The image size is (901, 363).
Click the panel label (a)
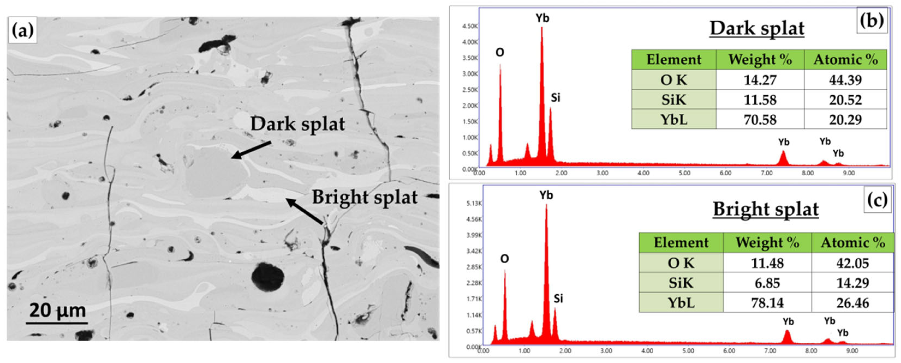23,31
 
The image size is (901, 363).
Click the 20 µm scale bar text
57,310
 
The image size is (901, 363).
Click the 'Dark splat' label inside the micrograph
297,124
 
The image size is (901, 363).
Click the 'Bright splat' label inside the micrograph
365,197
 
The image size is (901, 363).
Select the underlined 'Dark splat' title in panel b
757,28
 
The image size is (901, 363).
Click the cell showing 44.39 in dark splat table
845,80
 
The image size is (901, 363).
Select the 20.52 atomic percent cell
845,100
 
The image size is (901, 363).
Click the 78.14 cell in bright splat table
767,302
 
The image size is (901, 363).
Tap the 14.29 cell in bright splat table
852,283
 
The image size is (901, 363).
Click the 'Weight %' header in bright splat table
767,242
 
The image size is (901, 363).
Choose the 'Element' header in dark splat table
674,59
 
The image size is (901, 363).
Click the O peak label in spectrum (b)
500,52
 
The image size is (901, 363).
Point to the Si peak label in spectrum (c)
558,298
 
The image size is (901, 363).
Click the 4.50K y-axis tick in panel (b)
470,26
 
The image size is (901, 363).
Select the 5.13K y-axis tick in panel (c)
474,203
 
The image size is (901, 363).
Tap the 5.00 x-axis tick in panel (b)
684,173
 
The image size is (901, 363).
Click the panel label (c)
877,200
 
